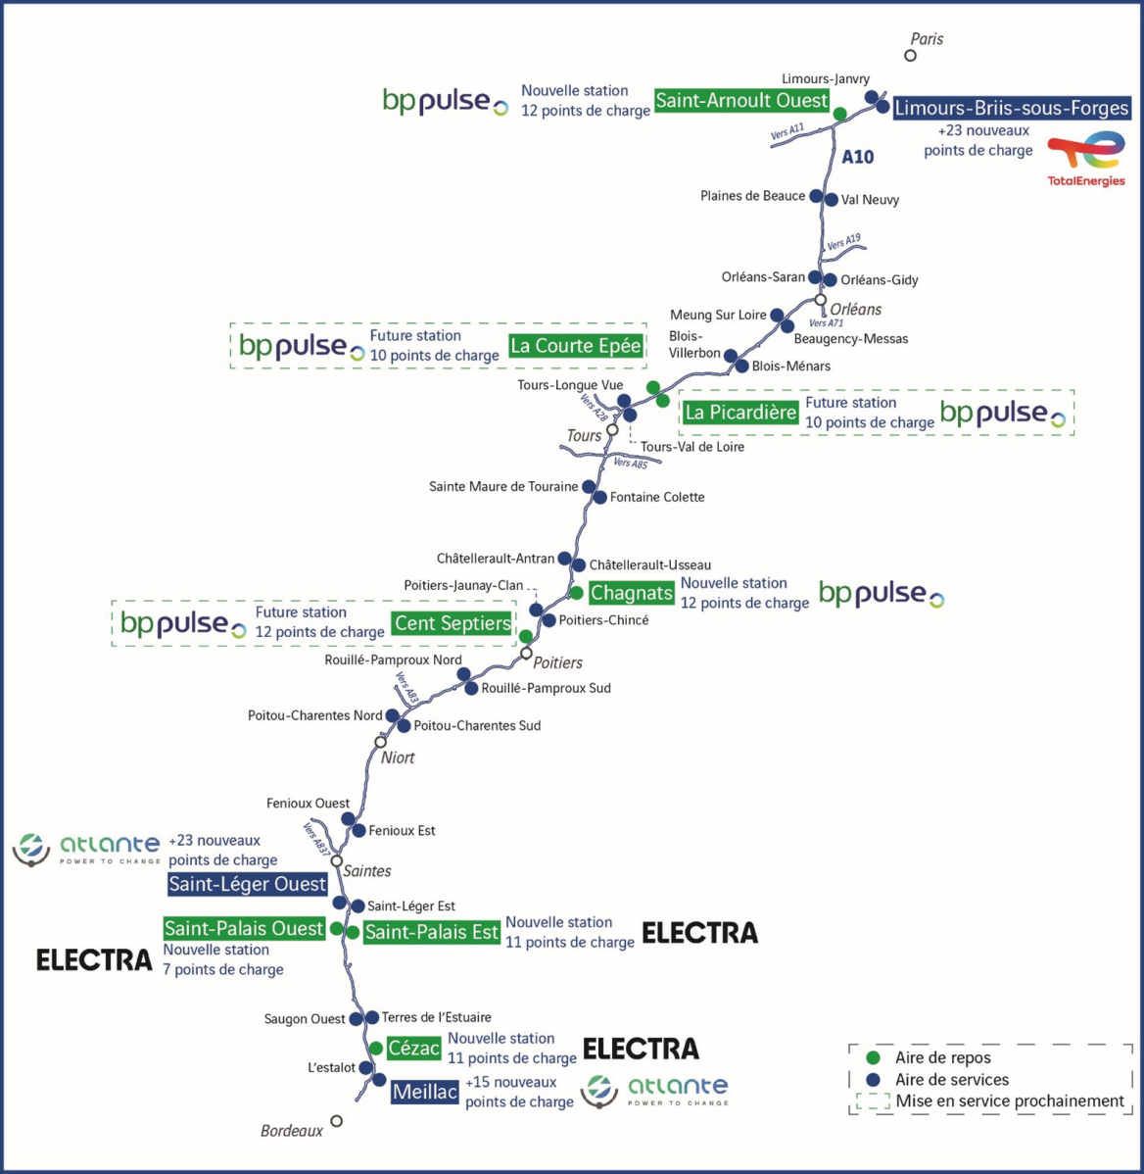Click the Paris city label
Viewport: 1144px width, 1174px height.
[x=927, y=39]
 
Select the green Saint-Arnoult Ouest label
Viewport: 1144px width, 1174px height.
[x=741, y=100]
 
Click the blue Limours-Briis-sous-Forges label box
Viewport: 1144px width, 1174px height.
[x=1011, y=108]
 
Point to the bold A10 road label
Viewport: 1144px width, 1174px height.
[x=858, y=156]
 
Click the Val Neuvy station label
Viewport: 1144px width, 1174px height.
[x=870, y=200]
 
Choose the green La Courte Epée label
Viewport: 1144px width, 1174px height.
[x=576, y=345]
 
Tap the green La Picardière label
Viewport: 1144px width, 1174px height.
[x=740, y=413]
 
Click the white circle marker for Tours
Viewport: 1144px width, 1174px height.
[x=612, y=429]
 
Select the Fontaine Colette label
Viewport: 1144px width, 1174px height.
[x=657, y=497]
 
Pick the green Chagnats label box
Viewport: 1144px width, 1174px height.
[x=632, y=593]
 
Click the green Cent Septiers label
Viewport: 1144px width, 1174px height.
[x=453, y=623]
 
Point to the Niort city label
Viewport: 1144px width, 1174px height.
[x=398, y=758]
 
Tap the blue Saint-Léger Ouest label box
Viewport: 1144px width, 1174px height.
[x=247, y=884]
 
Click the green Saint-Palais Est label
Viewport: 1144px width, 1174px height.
[x=432, y=932]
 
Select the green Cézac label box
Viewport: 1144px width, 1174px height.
[x=413, y=1049]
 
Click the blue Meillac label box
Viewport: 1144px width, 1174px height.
[x=425, y=1092]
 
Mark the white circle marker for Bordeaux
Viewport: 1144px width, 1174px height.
[x=337, y=1121]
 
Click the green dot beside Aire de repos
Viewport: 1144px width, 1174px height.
[x=874, y=1057]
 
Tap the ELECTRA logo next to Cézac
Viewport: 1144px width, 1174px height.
[x=641, y=1049]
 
